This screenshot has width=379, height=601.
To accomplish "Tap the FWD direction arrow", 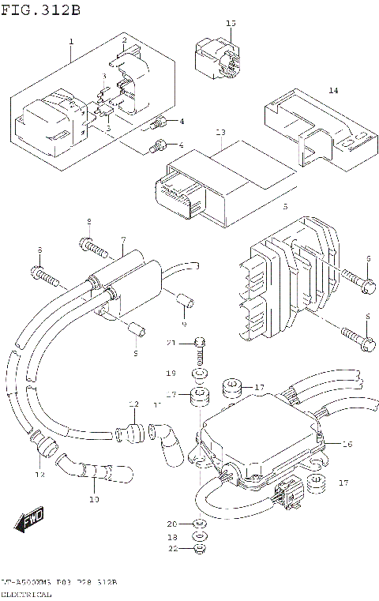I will [x=31, y=520].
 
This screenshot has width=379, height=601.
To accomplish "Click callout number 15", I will [x=231, y=24].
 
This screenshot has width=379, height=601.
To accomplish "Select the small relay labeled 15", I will [x=217, y=59].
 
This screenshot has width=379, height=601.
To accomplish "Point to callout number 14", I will [x=333, y=91].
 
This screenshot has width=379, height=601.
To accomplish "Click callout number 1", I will [x=70, y=41].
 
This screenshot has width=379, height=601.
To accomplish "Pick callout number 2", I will [x=124, y=39].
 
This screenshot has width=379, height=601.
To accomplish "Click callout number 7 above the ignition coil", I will [x=123, y=239].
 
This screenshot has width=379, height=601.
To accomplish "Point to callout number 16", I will [x=347, y=445].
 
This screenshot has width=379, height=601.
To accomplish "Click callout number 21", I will [x=170, y=342].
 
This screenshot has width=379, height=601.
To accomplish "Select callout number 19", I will [x=170, y=372].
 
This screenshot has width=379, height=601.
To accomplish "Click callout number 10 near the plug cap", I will [x=94, y=499].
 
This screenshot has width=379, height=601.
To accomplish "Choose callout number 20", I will [x=171, y=524].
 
